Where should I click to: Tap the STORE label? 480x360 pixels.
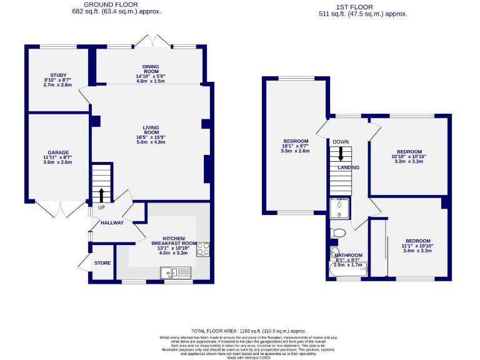pos(102,263)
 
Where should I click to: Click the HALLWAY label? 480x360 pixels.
pos(111,222)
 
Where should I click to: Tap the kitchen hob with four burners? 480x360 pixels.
pos(204,249)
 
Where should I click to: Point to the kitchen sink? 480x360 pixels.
pos(169,272)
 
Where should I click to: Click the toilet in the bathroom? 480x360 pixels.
pos(338,233)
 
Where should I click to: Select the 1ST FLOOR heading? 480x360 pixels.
pos(362,5)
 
